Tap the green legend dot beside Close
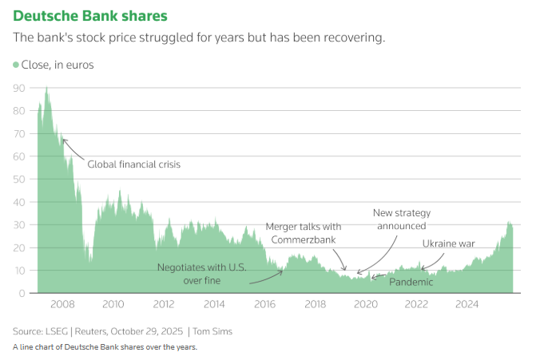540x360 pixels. click(15, 65)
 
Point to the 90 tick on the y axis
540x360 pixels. click(19, 88)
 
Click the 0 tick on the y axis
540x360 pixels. click(22, 294)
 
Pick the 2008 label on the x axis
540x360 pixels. click(62, 304)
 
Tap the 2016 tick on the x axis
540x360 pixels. click(264, 304)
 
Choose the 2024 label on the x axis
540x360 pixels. click(467, 304)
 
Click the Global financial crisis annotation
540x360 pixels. click(134, 164)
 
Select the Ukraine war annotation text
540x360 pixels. click(448, 243)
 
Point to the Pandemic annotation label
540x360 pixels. click(411, 282)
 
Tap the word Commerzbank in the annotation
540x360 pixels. click(303, 239)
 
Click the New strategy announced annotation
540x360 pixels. click(402, 220)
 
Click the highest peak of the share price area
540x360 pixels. click(46, 87)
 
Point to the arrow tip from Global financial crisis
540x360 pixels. click(62, 139)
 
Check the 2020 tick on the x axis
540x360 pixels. click(366, 304)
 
